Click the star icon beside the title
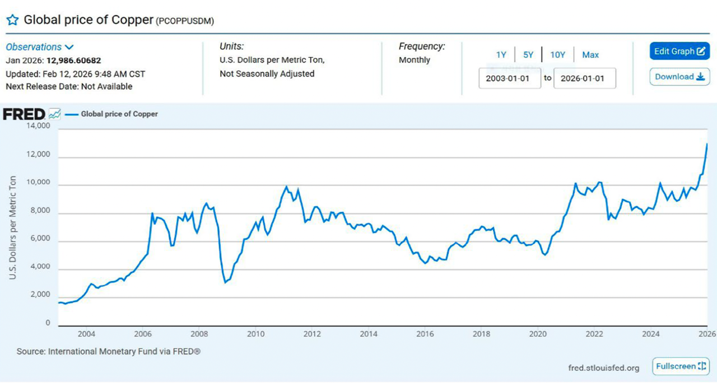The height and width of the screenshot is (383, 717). click(12, 20)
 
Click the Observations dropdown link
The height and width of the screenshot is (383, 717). click(40, 47)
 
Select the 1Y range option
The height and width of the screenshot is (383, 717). click(501, 55)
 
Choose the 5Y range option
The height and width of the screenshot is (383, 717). click(528, 55)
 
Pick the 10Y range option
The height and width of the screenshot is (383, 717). click(557, 55)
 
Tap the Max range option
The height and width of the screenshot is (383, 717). click(590, 55)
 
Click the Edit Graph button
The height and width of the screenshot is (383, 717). click(679, 51)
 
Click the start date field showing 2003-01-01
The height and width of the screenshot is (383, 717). click(510, 78)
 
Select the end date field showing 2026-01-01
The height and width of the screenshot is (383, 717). click(584, 78)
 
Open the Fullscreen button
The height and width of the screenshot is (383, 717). click(681, 366)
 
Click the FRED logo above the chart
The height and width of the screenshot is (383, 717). click(24, 114)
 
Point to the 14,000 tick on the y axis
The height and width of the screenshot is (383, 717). click(39, 126)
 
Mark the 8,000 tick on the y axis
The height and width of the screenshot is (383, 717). click(40, 210)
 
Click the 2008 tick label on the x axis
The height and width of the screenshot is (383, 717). click(199, 334)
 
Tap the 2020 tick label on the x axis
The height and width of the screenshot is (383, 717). click(538, 334)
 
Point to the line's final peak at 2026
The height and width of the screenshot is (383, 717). click(707, 144)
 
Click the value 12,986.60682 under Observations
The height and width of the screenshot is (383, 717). click(73, 60)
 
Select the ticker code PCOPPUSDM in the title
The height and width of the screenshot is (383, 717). click(185, 21)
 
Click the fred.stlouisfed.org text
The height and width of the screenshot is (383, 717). click(604, 368)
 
